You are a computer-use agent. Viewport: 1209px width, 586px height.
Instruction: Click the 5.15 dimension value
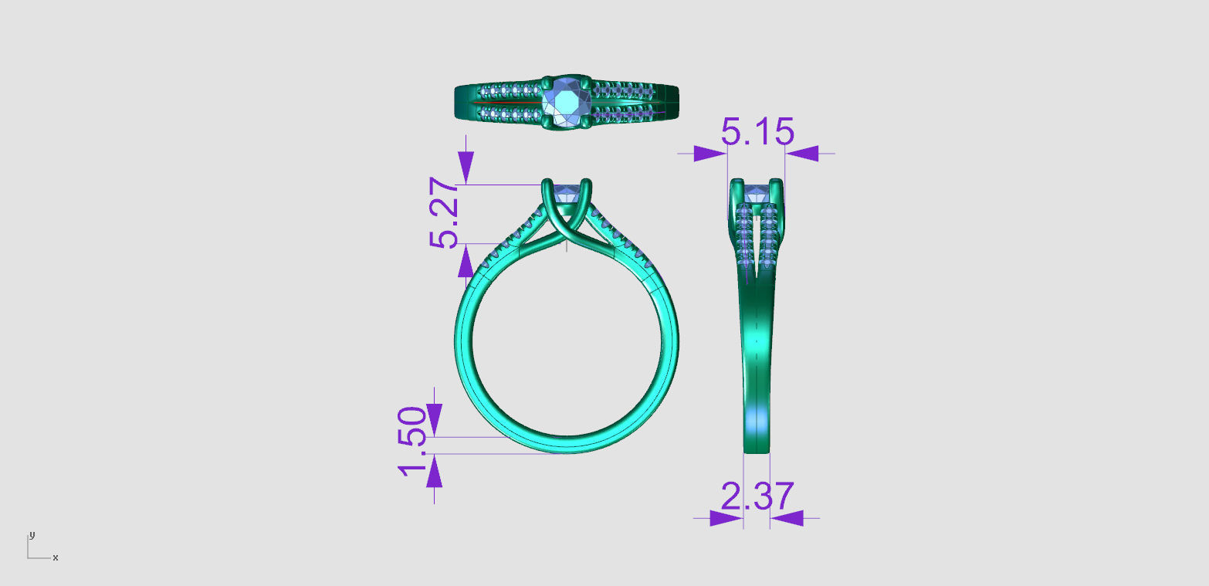click(x=757, y=133)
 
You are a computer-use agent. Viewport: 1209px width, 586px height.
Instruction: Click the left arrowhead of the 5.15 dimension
click(x=709, y=154)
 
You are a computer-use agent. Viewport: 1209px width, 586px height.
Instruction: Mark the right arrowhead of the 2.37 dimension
click(x=787, y=518)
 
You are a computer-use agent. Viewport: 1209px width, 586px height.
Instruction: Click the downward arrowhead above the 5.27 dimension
click(x=466, y=167)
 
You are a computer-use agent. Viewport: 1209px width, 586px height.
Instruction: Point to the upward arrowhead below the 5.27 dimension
click(x=466, y=263)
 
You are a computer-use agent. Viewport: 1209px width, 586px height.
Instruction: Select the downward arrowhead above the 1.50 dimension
click(x=435, y=420)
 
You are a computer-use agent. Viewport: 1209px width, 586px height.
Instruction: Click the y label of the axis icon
click(x=32, y=534)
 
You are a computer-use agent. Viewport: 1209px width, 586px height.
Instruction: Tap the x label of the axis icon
click(x=56, y=557)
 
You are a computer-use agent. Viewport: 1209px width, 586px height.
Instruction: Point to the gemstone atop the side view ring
click(x=756, y=191)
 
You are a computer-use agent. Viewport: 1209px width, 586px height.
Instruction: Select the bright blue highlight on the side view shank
click(x=757, y=421)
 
